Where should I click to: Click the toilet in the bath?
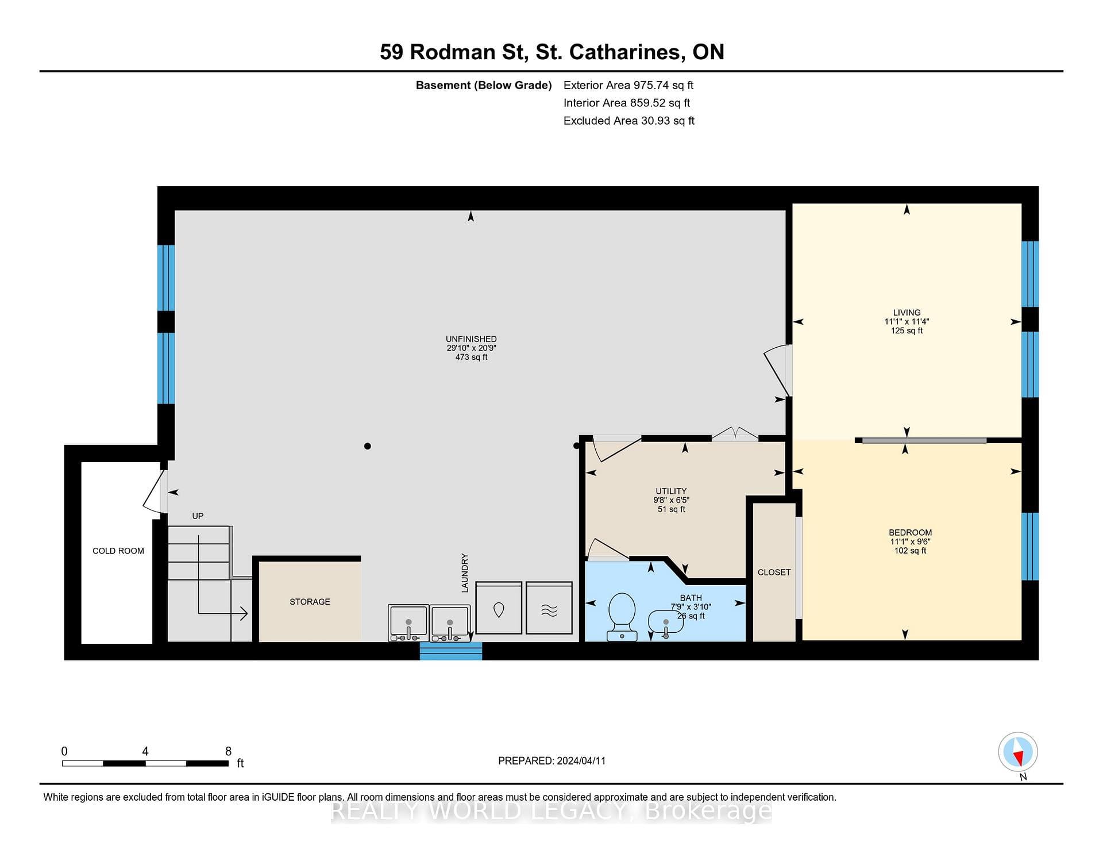(x=622, y=617)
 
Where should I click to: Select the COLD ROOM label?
(x=118, y=551)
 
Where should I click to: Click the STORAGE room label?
(x=310, y=602)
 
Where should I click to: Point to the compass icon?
(x=1018, y=752)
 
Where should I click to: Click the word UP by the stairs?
(x=198, y=516)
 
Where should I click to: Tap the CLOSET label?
(x=774, y=572)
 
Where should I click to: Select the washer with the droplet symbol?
(x=499, y=608)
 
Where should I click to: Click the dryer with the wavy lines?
(x=549, y=608)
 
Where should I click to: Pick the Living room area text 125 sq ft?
(x=907, y=331)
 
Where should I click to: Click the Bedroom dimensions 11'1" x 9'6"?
(x=910, y=541)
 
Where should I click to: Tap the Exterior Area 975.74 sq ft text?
(x=628, y=85)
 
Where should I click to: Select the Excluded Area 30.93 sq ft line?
(x=629, y=121)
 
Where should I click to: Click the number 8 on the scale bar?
(x=228, y=751)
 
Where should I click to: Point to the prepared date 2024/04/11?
(x=580, y=760)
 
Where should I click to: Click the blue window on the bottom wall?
(x=451, y=651)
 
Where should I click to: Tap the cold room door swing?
(x=155, y=491)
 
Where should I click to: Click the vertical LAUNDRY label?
(x=465, y=573)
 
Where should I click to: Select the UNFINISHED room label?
(x=471, y=339)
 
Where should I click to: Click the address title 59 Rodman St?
(x=453, y=52)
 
